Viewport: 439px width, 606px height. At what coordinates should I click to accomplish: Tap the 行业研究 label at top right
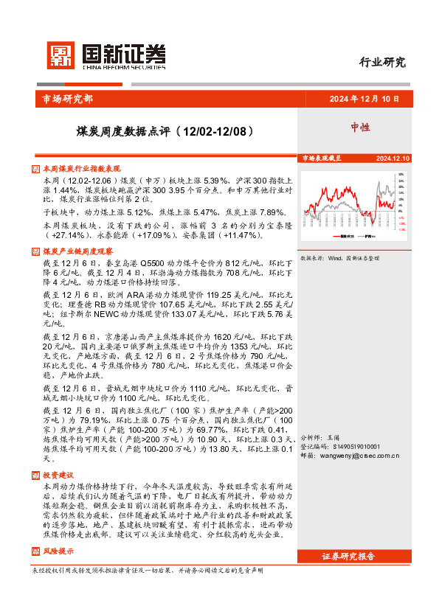coord(381,62)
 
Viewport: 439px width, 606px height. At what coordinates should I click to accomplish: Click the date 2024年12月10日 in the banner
coord(364,99)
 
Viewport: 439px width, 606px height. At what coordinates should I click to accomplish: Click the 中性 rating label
coord(361,128)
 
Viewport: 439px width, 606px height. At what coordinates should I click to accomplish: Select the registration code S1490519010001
coord(342,447)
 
